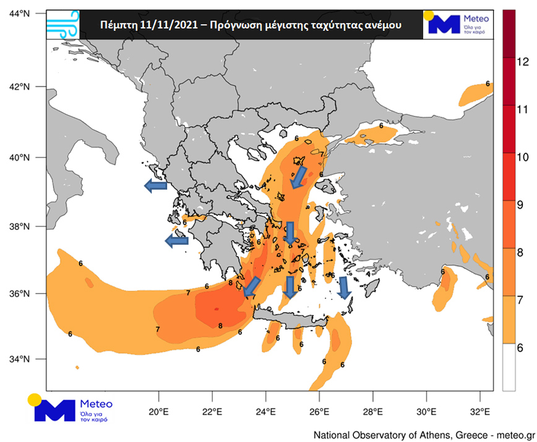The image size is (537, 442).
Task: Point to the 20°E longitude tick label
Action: (x=159, y=411)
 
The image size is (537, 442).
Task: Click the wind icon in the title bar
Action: (x=62, y=24)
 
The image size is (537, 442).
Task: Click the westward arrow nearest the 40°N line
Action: (x=155, y=185)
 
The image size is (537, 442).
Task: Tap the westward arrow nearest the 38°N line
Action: (x=176, y=241)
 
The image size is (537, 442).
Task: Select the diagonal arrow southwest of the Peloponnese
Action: (x=252, y=286)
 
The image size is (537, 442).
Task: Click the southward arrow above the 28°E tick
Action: (x=345, y=287)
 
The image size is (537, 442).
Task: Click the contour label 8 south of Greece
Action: (x=220, y=326)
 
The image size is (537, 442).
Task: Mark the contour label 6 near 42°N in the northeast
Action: (x=488, y=83)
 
